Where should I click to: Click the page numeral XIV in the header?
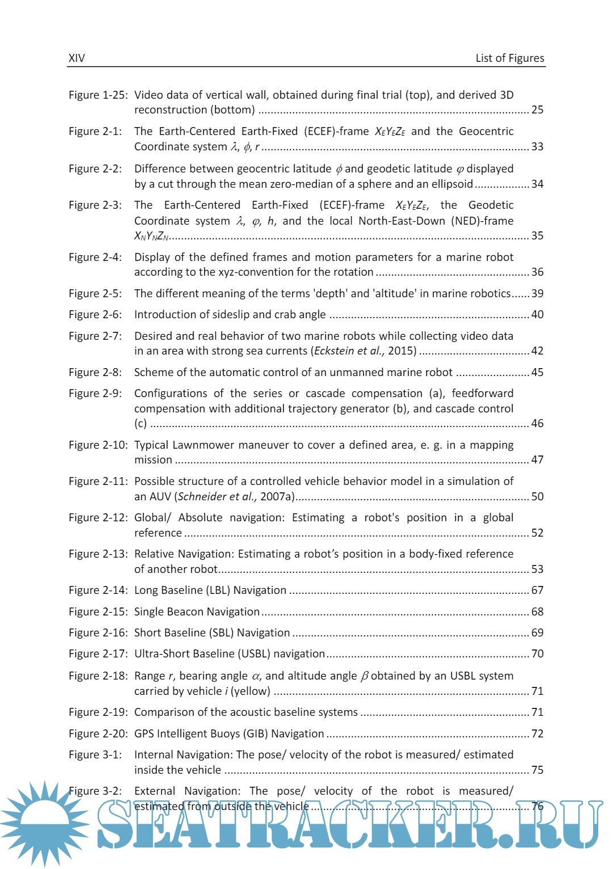click(x=77, y=58)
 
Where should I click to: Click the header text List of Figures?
click(x=509, y=58)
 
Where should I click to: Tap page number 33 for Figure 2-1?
click(x=537, y=146)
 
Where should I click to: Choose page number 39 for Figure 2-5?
click(x=537, y=293)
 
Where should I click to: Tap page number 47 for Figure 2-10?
click(x=537, y=459)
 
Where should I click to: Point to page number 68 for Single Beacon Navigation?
click(x=537, y=611)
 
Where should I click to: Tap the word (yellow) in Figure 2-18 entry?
click(x=250, y=691)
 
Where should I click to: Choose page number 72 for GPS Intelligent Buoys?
click(x=537, y=733)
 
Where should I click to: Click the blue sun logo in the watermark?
click(x=44, y=822)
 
